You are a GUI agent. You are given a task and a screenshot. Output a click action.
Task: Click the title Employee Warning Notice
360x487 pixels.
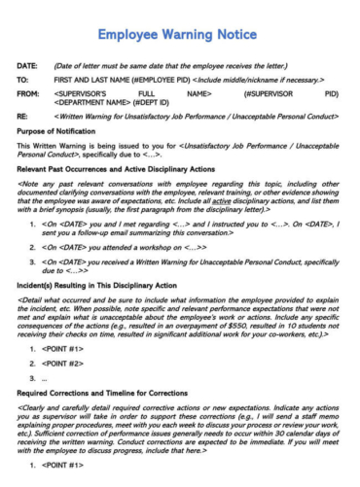coord(180,35)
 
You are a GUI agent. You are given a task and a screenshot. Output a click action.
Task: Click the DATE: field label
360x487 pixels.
coord(30,66)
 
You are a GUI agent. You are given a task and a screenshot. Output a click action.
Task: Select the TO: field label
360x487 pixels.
coord(24,80)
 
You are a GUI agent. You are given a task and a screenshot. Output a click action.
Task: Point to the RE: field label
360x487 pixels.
coord(24,115)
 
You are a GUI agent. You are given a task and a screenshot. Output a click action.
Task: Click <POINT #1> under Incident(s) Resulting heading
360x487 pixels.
coord(68,349)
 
